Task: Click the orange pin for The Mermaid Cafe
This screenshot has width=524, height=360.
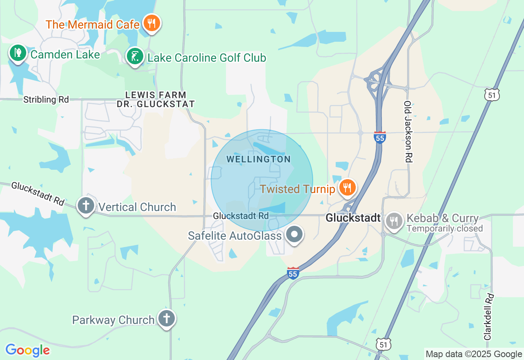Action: pyautogui.click(x=151, y=23)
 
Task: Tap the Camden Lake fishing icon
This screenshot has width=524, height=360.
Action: pyautogui.click(x=18, y=53)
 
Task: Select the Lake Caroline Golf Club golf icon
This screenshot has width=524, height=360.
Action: pyautogui.click(x=135, y=56)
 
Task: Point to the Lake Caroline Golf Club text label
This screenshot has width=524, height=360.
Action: pyautogui.click(x=207, y=58)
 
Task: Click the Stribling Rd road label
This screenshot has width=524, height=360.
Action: pyautogui.click(x=46, y=99)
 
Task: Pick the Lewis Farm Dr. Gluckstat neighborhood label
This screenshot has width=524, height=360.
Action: pyautogui.click(x=156, y=100)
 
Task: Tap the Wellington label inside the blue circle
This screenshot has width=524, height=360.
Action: pyautogui.click(x=258, y=159)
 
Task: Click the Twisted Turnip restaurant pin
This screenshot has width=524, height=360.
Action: pyautogui.click(x=347, y=187)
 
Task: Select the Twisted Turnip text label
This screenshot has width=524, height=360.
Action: pyautogui.click(x=298, y=189)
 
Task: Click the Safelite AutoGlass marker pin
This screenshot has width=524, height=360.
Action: pyautogui.click(x=294, y=235)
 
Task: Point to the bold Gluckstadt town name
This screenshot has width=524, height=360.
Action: pyautogui.click(x=353, y=218)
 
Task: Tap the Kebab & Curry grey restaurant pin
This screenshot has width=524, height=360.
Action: pyautogui.click(x=394, y=221)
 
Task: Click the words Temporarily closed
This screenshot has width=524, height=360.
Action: pyautogui.click(x=445, y=229)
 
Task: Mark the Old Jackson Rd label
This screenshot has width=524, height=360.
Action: pyautogui.click(x=407, y=132)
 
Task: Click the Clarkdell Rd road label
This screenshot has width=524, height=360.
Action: pyautogui.click(x=488, y=317)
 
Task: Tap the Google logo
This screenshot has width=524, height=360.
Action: pyautogui.click(x=27, y=350)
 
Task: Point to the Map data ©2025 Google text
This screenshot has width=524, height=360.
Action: pyautogui.click(x=474, y=354)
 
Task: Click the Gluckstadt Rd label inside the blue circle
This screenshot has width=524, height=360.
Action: pyautogui.click(x=241, y=216)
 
